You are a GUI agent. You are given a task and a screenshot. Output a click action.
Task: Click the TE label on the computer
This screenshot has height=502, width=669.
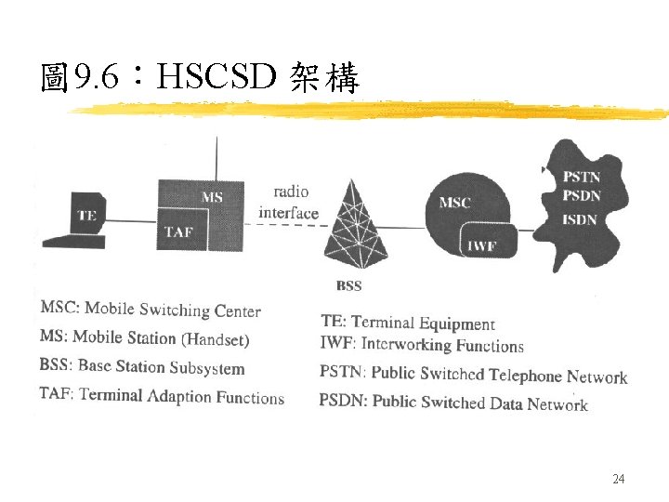point(86,215)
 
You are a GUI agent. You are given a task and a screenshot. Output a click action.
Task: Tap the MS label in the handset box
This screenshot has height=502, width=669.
point(212,196)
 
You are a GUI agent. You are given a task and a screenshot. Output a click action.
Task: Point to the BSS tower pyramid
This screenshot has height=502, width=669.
point(357,224)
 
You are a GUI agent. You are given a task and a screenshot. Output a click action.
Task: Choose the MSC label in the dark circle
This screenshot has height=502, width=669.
point(454,202)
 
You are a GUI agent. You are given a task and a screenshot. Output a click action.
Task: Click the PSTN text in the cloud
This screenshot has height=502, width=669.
point(582,177)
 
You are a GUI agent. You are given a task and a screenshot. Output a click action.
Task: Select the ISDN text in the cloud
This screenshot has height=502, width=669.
point(580,219)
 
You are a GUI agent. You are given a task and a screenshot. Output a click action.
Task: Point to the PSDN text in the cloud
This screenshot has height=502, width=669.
point(582,195)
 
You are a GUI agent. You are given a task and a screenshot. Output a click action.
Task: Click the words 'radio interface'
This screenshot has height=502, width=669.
point(288,203)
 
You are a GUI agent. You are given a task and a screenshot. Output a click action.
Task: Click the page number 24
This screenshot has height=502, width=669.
point(619,479)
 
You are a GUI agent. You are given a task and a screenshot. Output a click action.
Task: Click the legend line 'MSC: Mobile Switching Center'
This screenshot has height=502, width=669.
point(151,310)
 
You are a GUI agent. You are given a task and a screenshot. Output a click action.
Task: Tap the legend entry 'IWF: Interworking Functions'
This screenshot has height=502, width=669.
point(422,345)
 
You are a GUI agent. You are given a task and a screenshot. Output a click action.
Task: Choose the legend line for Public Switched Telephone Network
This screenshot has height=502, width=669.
point(473,375)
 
